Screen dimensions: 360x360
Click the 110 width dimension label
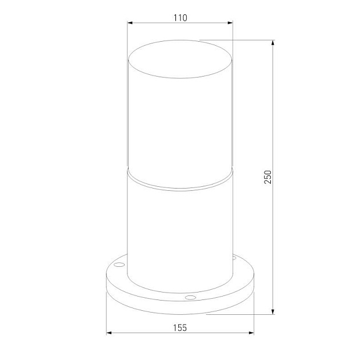click(180, 18)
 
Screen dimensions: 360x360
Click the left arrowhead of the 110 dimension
click(130, 23)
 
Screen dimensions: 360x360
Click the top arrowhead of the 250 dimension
click(273, 43)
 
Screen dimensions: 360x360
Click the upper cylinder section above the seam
click(180, 126)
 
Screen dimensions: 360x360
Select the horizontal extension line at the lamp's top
click(240, 40)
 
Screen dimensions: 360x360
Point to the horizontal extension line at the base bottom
click(240, 314)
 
